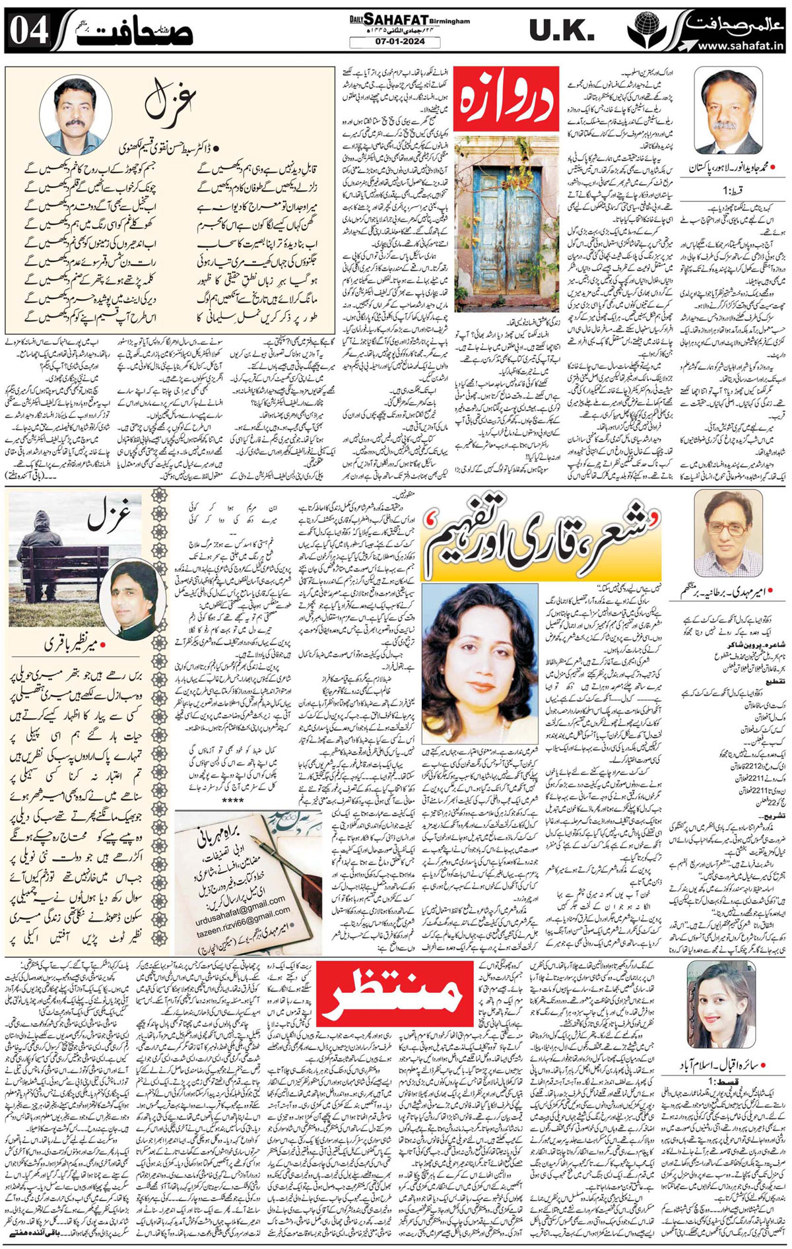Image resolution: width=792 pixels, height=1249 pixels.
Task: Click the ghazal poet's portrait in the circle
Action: pos(71,114)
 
